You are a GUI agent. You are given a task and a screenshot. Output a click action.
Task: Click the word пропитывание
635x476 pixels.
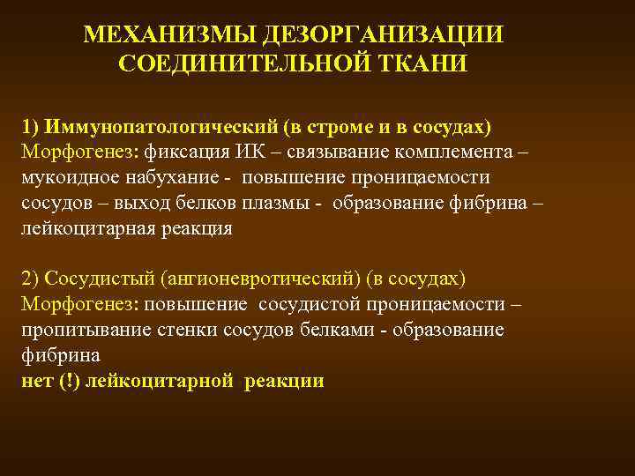pyautogui.click(x=75, y=330)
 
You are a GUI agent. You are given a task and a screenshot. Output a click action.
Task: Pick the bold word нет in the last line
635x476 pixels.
pyautogui.click(x=36, y=381)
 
